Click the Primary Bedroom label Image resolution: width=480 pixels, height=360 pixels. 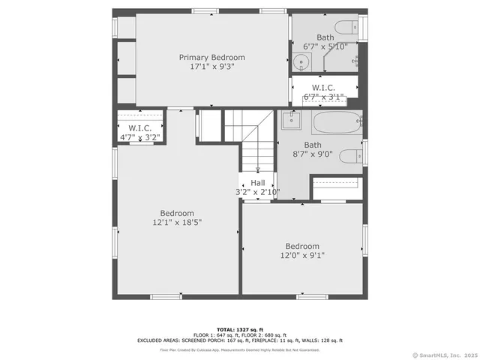tap(211, 57)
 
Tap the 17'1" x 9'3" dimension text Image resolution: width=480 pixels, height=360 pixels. tap(211, 67)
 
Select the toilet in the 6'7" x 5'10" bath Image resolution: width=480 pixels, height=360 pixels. tap(346, 28)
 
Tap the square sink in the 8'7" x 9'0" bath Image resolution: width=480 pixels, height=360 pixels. tap(290, 120)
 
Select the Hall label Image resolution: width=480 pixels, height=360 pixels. tap(257, 182)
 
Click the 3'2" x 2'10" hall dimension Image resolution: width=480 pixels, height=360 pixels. tap(257, 192)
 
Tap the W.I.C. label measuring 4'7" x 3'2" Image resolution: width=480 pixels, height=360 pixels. tap(139, 128)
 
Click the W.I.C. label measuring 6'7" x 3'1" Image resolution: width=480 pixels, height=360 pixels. tap(323, 87)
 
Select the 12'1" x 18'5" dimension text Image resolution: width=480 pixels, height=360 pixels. tap(177, 222)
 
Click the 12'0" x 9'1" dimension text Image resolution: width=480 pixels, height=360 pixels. tap(301, 255)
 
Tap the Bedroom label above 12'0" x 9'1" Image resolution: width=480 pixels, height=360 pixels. tap(301, 246)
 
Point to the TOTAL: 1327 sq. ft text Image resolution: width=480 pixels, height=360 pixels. tap(239, 329)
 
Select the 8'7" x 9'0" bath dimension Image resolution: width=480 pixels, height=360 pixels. tap(313, 154)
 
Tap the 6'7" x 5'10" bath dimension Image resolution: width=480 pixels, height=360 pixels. tap(325, 46)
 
